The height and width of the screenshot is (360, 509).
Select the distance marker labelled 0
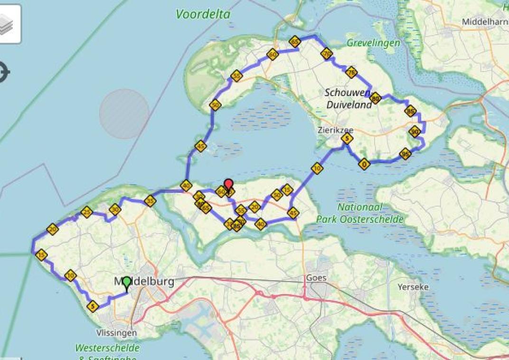pyautogui.click(x=364, y=164)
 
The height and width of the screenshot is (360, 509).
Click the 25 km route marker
pyautogui.click(x=86, y=212)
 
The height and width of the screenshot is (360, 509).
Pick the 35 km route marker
pyautogui.click(x=150, y=200)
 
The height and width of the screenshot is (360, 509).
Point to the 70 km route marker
pyautogui.click(x=326, y=53)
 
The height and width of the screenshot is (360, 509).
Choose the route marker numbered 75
pyautogui.click(x=350, y=72)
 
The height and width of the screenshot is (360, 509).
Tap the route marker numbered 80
pyautogui.click(x=375, y=98)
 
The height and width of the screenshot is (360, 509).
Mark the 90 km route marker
pyautogui.click(x=415, y=132)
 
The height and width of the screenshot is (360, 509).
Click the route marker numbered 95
pyautogui.click(x=405, y=154)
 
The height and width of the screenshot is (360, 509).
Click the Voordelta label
pyautogui.click(x=203, y=14)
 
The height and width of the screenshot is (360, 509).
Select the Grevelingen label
pyautogui.click(x=373, y=43)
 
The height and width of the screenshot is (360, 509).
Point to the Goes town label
pyautogui.click(x=316, y=277)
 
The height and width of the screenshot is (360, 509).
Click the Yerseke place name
pyautogui.click(x=413, y=287)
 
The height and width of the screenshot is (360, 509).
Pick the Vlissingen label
pyautogui.click(x=116, y=332)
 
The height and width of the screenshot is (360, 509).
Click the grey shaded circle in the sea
pyautogui.click(x=124, y=114)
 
